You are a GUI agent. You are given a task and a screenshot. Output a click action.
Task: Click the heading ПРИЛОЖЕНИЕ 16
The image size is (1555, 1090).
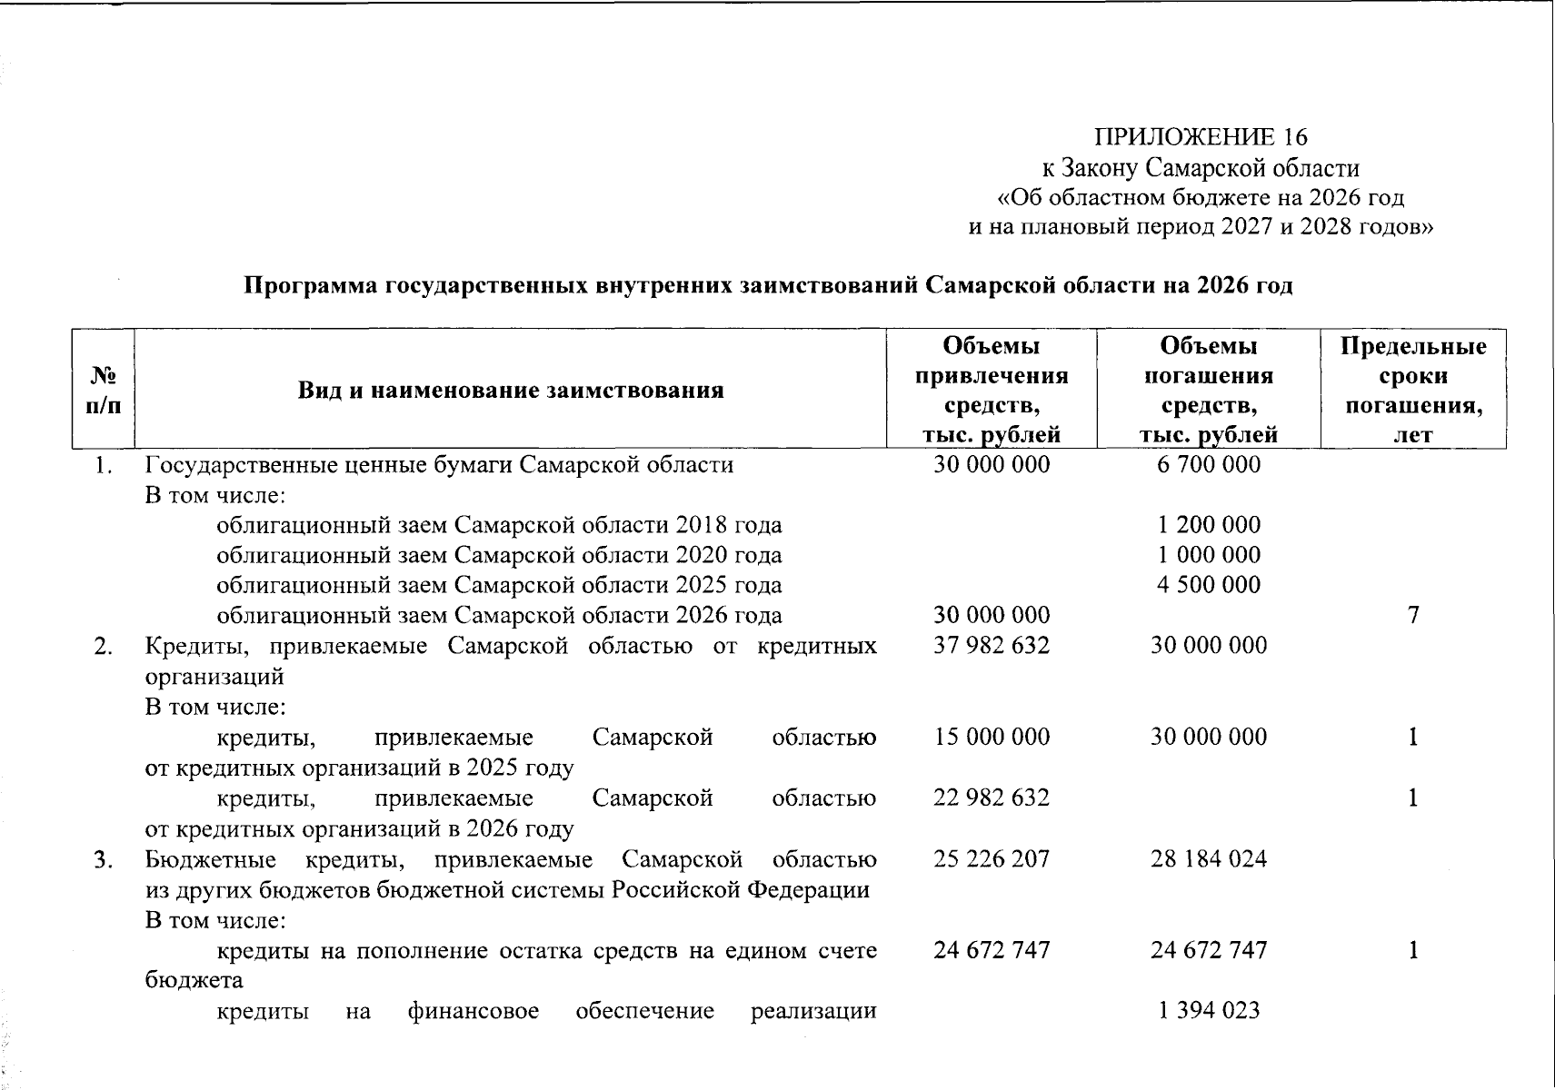[x=1200, y=137]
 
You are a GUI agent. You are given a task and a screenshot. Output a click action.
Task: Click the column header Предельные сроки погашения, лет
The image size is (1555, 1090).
[x=1413, y=390]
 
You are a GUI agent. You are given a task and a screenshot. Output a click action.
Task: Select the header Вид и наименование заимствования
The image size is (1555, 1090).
[x=511, y=391]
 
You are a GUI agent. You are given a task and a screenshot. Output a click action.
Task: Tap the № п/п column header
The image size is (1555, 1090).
[x=103, y=391]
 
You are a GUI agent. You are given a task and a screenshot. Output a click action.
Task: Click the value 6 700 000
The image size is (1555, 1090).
[x=1208, y=465]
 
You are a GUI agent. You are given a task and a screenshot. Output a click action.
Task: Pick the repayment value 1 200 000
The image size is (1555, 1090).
[x=1208, y=525]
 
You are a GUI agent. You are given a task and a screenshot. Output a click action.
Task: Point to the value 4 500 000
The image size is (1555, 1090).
[x=1208, y=585]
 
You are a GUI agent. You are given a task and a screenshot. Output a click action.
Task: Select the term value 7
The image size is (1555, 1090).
[x=1412, y=616]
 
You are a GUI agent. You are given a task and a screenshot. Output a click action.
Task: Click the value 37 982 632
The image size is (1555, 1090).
[x=991, y=646]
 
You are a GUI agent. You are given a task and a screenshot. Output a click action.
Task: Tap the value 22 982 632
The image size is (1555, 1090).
[x=991, y=798]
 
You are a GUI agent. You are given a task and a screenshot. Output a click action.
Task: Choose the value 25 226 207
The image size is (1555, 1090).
[x=991, y=859]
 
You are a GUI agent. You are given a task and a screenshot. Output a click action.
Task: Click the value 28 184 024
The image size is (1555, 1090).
[x=1208, y=859]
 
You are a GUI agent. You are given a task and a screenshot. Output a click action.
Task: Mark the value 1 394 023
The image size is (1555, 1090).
[x=1208, y=1011]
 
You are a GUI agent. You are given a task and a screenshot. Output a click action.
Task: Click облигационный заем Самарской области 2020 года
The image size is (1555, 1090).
[x=499, y=555]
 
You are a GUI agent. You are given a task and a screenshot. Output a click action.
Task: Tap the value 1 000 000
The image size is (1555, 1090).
[x=1208, y=555]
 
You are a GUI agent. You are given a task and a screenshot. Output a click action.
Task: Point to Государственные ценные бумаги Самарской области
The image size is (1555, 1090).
[x=439, y=465]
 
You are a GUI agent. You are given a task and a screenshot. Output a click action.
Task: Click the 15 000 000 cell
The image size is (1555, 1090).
[x=991, y=737]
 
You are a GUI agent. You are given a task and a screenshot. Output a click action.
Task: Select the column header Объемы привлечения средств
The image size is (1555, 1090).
[x=991, y=390]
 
